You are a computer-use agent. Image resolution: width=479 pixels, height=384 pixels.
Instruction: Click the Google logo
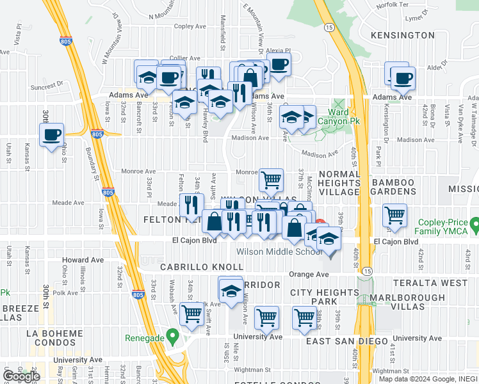tap(22, 376)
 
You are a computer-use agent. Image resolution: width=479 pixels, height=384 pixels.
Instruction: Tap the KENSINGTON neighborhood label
tap(398, 35)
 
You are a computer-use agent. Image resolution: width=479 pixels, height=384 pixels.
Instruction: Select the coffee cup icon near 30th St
tap(51, 135)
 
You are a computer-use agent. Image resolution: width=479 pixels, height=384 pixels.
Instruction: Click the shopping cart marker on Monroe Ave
tap(272, 180)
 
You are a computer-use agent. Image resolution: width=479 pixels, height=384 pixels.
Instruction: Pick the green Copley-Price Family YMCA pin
tap(475, 225)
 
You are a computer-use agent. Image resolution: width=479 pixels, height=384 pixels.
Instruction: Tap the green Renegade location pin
tap(172, 336)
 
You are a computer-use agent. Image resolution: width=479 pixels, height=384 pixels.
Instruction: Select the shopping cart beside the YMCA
tap(394, 216)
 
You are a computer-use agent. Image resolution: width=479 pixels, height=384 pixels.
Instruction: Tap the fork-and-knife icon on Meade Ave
tap(191, 205)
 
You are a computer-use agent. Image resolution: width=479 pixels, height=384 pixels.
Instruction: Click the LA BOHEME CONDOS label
tap(54, 339)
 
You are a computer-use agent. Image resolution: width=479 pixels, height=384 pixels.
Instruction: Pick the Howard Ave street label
tap(83, 260)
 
